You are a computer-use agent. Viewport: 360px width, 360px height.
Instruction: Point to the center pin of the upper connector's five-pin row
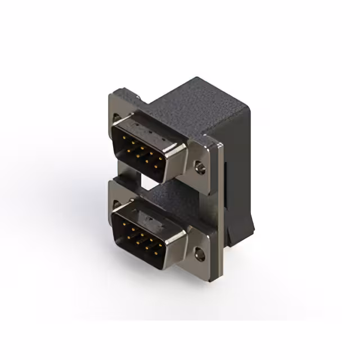[142, 148]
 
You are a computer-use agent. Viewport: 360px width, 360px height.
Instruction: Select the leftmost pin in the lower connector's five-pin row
[123, 224]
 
